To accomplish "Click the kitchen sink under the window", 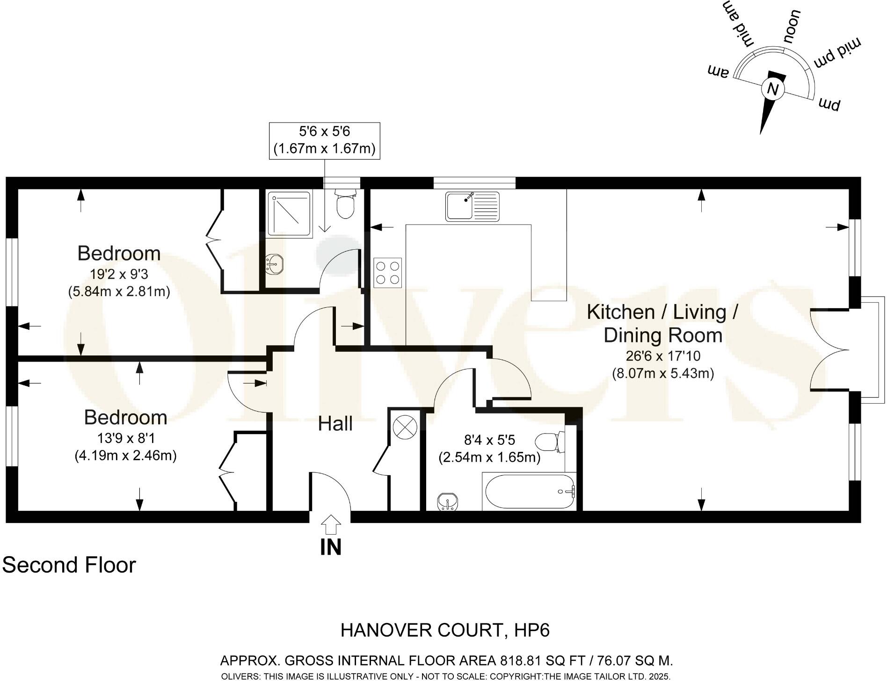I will (x=473, y=206).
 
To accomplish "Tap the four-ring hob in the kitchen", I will (x=387, y=273).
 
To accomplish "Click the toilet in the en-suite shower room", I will (x=346, y=204).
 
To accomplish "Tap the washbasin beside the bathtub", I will (x=448, y=502).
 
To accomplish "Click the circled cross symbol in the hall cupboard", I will (x=404, y=427).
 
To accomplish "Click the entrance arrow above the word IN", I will (x=331, y=525).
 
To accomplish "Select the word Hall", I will (x=335, y=424).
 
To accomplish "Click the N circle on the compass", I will (x=772, y=89).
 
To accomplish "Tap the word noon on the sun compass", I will (x=792, y=27).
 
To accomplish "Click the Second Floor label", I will (x=69, y=565).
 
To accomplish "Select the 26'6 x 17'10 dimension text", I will (x=663, y=356).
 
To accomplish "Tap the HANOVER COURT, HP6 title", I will (x=445, y=630).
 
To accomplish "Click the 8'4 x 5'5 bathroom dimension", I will (x=489, y=440).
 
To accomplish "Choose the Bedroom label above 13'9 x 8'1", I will (x=125, y=417).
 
